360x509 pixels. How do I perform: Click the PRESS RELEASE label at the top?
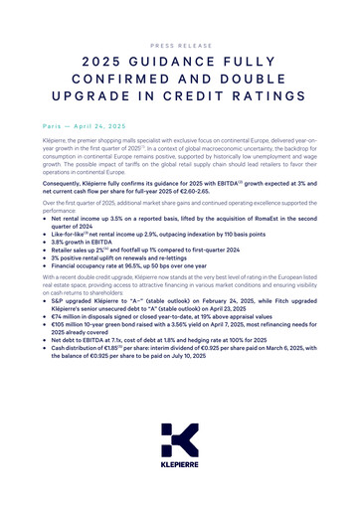point(180,46)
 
